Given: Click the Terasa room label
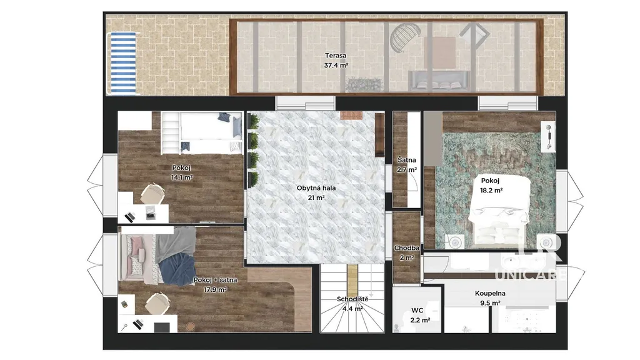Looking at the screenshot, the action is (336, 56).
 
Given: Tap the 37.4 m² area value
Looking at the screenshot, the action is (336, 65).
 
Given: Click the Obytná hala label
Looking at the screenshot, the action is (316, 188).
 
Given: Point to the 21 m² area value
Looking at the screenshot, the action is (316, 198).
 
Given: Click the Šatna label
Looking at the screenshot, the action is (406, 160).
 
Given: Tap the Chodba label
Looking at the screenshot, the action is (406, 248).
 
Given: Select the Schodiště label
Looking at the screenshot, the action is (352, 299).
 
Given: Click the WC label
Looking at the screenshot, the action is (417, 311).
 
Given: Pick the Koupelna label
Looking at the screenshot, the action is (490, 293).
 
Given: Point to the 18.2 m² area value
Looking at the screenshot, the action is (491, 190).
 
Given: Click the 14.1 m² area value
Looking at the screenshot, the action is (182, 177).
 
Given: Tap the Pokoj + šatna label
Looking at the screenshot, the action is (215, 280).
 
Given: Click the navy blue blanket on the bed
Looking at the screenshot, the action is (176, 268).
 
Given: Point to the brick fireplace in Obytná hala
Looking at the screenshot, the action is (351, 116).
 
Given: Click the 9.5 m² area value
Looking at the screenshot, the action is (490, 303).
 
